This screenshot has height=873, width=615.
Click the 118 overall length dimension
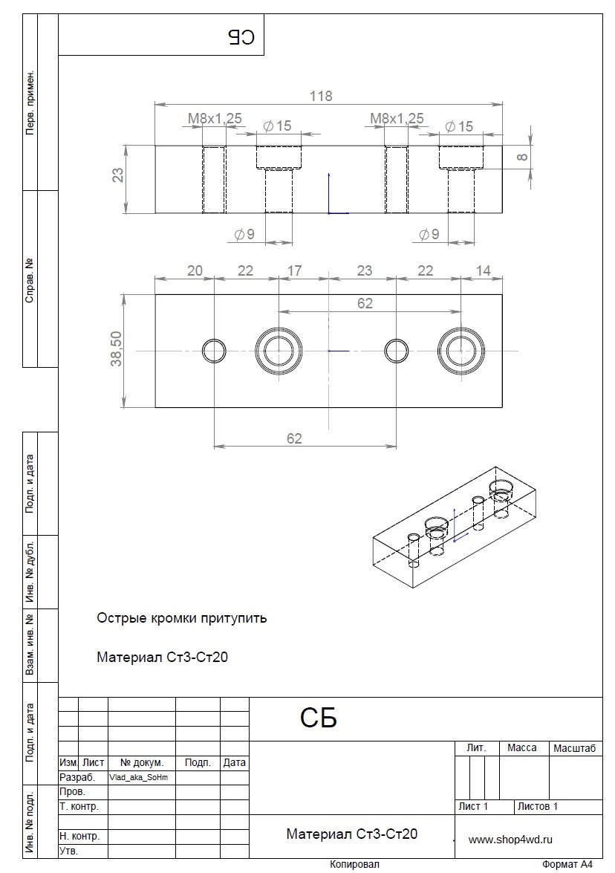click(321, 96)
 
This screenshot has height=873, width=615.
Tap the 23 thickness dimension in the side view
click(118, 175)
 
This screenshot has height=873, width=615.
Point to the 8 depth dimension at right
click(522, 157)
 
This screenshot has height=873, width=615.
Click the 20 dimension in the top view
click(195, 270)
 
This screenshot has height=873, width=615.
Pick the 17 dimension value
click(294, 270)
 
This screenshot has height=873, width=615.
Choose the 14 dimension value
click(484, 270)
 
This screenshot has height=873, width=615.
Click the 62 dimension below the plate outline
click(294, 438)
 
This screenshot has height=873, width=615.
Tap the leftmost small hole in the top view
click(214, 351)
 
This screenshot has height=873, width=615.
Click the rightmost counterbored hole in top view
click(461, 351)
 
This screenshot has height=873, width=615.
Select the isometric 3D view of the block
click(455, 527)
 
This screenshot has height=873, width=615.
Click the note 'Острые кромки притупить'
click(182, 618)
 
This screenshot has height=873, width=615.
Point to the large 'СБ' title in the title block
click(319, 718)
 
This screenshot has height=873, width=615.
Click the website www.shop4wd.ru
click(510, 840)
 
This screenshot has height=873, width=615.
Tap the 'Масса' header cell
click(522, 747)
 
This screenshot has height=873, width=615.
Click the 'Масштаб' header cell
click(574, 748)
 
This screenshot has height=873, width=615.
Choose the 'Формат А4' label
click(567, 864)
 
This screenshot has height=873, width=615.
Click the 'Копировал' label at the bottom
click(354, 864)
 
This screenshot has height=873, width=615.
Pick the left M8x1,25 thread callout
click(215, 118)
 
